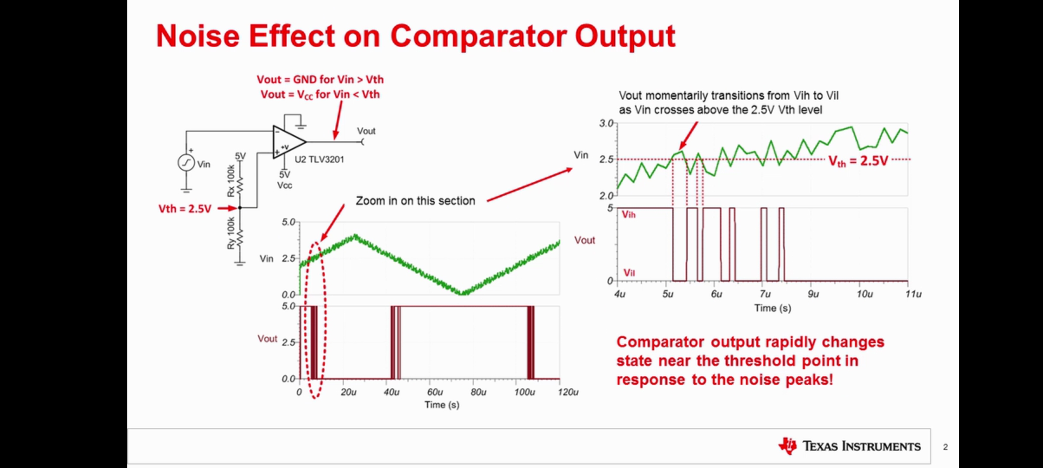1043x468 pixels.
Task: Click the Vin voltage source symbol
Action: pos(186,163)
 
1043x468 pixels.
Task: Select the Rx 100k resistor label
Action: pos(231,181)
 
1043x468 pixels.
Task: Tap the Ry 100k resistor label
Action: pos(231,233)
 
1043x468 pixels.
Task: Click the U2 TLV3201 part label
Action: pos(319,159)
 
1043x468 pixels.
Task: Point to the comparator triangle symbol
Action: pos(288,142)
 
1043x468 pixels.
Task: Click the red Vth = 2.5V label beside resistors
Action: pos(185,209)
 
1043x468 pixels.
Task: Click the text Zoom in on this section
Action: pos(415,201)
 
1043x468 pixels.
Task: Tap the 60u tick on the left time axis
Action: pos(434,392)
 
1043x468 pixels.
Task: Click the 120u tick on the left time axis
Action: pos(567,392)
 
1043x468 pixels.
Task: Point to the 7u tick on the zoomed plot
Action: pos(765,294)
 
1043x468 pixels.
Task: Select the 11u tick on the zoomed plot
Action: pos(913,294)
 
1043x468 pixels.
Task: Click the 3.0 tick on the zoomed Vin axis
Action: pos(606,124)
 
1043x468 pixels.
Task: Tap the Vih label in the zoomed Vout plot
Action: pos(628,215)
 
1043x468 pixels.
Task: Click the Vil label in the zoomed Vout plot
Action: pos(629,273)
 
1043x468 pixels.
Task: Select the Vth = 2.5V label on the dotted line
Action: pos(858,161)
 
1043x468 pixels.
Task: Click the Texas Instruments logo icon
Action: pos(788,446)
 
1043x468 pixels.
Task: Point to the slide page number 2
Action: pos(945,447)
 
